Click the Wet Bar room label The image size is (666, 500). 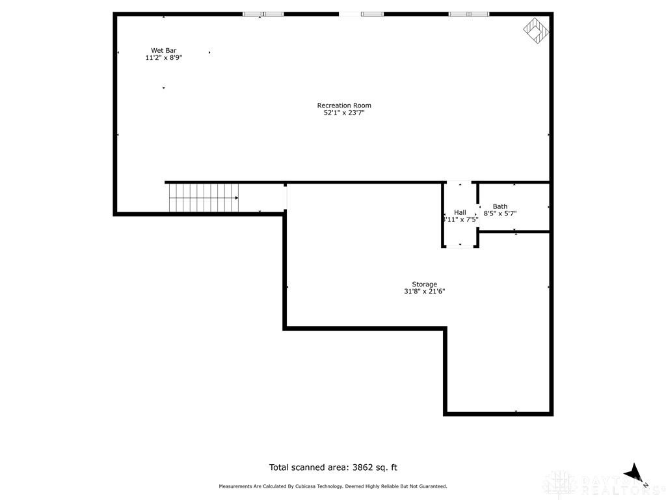click(164, 50)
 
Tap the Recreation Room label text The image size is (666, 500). click(344, 105)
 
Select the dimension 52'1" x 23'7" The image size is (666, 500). click(344, 113)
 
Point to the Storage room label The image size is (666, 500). click(424, 284)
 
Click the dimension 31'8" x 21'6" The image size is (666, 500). click(424, 292)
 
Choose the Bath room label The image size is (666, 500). click(499, 206)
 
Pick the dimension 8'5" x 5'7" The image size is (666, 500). click(499, 214)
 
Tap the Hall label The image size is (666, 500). click(460, 212)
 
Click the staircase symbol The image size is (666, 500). click(203, 197)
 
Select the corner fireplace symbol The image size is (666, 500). click(537, 29)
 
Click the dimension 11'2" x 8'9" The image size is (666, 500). click(164, 58)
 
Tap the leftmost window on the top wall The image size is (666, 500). click(263, 14)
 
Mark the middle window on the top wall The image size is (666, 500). click(371, 14)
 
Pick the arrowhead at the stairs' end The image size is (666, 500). click(237, 197)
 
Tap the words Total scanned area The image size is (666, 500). click(308, 467)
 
